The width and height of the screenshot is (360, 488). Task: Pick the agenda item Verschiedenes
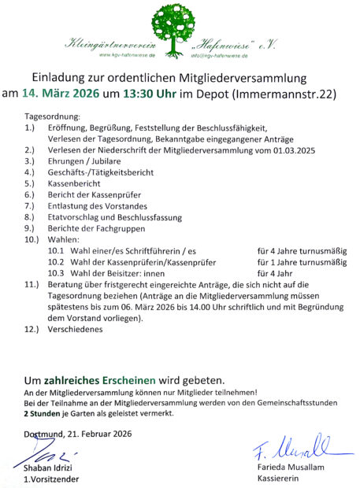coord(76,330)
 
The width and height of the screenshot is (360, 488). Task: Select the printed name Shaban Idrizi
coord(52,468)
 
